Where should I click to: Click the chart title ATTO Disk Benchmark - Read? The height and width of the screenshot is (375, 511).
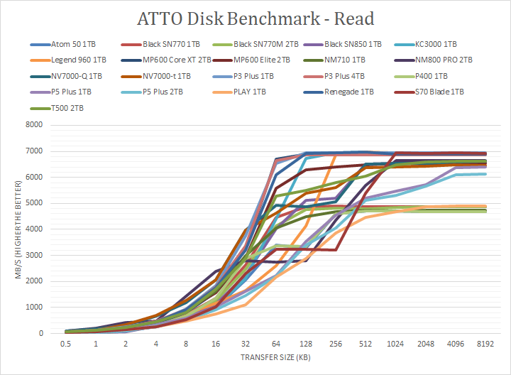coord(255,18)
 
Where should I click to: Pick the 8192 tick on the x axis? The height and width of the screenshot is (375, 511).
coord(485,344)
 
